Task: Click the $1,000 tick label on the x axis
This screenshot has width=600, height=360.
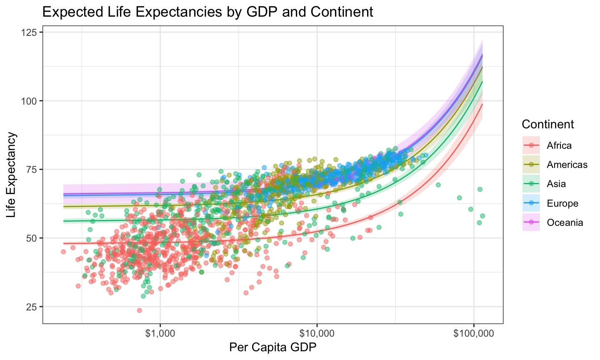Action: (x=160, y=333)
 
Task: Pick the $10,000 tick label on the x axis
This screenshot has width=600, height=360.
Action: (x=317, y=333)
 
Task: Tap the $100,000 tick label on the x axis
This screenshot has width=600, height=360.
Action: (x=474, y=333)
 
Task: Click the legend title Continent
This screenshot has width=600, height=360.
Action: (x=547, y=124)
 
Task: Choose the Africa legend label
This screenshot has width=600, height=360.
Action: (x=559, y=145)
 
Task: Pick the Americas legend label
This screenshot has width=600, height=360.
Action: (x=567, y=165)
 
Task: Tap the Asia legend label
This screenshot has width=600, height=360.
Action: (x=556, y=184)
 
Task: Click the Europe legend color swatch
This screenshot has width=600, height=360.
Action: (x=531, y=203)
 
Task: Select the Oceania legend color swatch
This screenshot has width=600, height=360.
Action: (x=531, y=222)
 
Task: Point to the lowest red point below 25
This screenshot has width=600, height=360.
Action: (x=140, y=310)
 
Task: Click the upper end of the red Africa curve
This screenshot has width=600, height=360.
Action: (x=482, y=105)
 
